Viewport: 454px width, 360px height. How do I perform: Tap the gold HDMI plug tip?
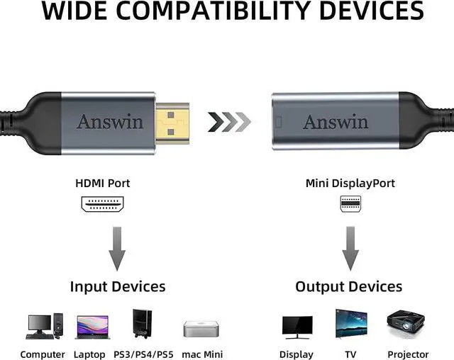[174, 121]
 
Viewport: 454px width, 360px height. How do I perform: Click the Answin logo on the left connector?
[109, 121]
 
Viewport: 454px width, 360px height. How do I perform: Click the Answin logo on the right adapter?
[336, 121]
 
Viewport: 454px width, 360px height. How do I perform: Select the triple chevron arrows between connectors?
[229, 122]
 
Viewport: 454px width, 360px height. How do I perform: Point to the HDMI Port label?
[103, 184]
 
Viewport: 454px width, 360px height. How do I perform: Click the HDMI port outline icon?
[104, 204]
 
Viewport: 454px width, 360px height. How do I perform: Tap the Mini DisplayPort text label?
[350, 184]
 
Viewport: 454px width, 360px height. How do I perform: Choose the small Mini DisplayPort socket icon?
[350, 204]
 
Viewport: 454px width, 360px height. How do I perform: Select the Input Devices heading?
[118, 286]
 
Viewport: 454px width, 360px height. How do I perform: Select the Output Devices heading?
[348, 286]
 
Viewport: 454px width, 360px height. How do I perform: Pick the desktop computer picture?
[43, 326]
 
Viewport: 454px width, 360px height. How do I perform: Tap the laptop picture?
[92, 327]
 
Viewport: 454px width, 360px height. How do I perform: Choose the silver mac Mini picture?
[199, 329]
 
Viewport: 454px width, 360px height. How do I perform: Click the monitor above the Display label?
[297, 327]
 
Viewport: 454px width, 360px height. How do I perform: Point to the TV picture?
[351, 325]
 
